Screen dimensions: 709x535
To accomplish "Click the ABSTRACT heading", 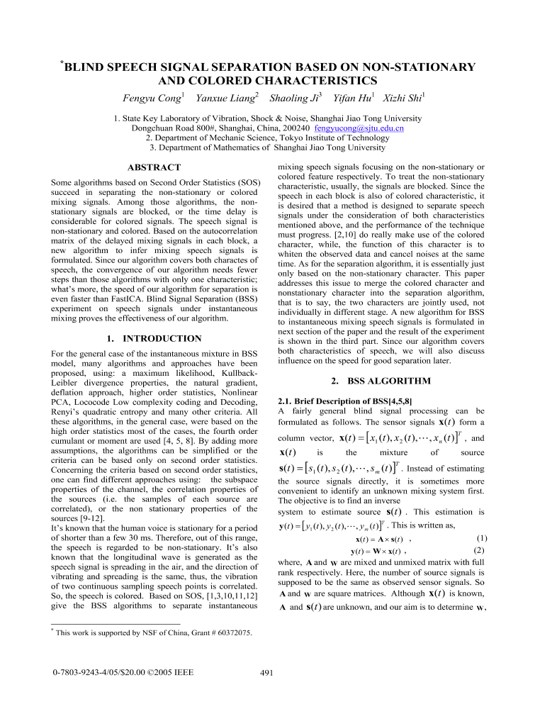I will (153, 167).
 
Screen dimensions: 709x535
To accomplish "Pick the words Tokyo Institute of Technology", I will (333, 138).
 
